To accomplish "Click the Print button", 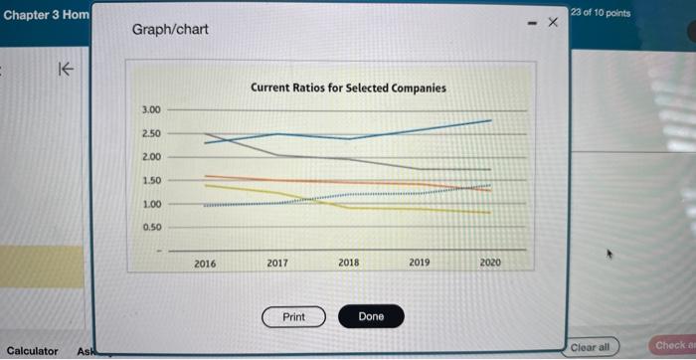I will click(293, 317).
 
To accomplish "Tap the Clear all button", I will click(590, 347).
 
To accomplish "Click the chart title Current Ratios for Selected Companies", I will click(348, 88).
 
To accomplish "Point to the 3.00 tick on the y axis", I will click(151, 109).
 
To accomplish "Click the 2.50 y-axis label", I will click(151, 133).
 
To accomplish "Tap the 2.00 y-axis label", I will click(151, 157).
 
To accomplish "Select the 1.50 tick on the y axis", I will click(151, 181).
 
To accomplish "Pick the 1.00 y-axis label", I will click(151, 204).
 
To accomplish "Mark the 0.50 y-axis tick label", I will click(151, 227).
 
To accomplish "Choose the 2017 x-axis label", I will click(277, 263).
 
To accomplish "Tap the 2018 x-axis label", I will click(349, 263).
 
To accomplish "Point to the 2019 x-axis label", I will click(420, 263).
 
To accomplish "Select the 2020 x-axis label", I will click(490, 263).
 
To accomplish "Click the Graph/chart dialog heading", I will click(170, 29).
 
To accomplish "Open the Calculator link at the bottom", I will click(32, 350).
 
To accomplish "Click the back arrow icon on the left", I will click(66, 70).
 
